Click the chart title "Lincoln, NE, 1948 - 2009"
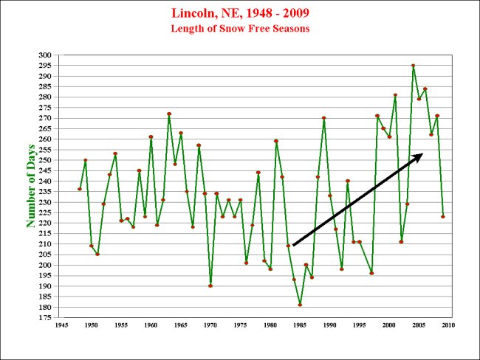pos(240,14)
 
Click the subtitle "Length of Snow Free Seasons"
pos(240,29)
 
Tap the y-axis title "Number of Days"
pos(32,181)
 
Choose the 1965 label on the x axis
pos(181,325)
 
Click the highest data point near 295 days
pos(413,66)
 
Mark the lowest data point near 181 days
pos(300,305)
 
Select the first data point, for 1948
pos(80,189)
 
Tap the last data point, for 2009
pos(442,216)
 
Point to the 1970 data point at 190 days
pos(210,285)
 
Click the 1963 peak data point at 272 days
pos(169,114)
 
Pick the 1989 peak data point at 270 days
pos(323,118)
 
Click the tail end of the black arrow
pos(293,245)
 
